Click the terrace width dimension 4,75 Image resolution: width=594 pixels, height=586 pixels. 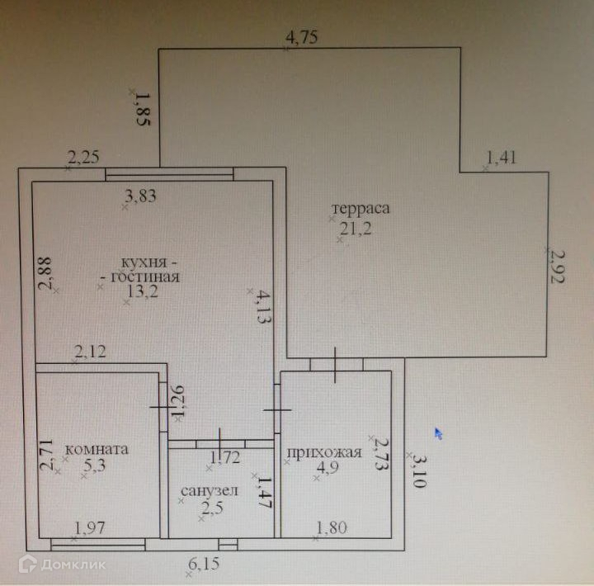point(301,36)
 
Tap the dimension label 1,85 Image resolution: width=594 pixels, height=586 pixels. point(142,108)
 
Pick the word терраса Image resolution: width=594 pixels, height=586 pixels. point(360,208)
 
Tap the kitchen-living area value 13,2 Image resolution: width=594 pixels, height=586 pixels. point(142,291)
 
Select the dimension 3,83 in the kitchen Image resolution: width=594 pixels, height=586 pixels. point(140,196)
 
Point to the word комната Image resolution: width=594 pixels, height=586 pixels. point(96,450)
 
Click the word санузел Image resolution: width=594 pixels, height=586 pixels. point(209,491)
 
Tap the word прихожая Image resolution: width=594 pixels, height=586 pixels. point(324,452)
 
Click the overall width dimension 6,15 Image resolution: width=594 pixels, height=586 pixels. point(204,565)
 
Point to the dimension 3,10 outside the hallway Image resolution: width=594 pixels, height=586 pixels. point(421,472)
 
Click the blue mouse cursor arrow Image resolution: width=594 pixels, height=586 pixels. point(439,432)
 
